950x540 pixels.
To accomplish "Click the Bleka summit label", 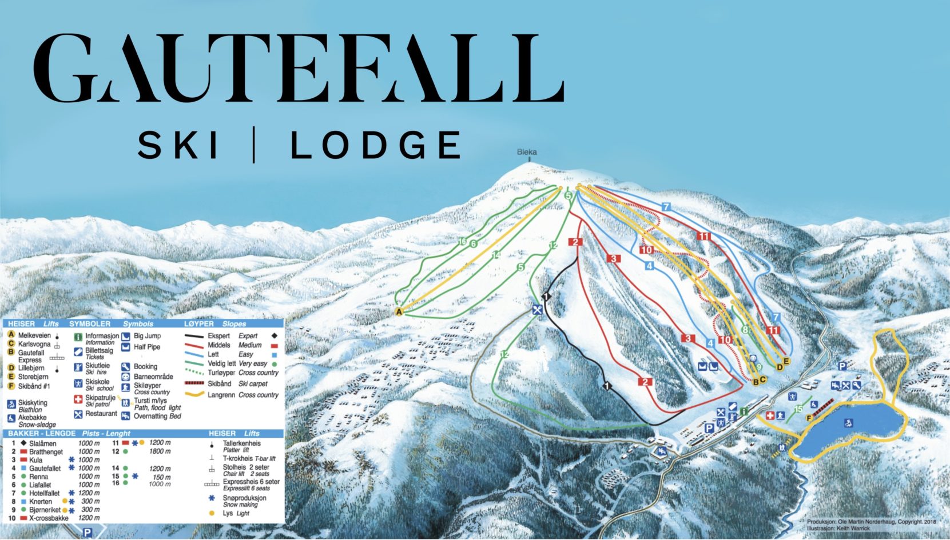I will (x=527, y=152).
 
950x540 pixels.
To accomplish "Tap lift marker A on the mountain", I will (x=399, y=311).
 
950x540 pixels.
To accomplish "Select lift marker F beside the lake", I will (x=809, y=418).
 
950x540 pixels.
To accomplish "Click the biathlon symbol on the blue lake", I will (x=849, y=423).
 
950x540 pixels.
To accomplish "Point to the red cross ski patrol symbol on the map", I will (x=770, y=415).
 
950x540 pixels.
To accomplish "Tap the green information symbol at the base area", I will (x=744, y=411).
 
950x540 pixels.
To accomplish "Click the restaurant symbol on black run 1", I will (x=537, y=310).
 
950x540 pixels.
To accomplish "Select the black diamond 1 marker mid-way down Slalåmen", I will (x=607, y=386).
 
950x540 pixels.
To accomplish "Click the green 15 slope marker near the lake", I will (x=798, y=409).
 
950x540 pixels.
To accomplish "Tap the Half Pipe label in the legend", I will (x=147, y=347).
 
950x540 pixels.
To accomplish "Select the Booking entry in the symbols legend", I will (x=145, y=366).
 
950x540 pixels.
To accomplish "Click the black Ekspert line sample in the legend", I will (x=194, y=336).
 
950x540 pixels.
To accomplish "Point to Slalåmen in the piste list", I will (x=43, y=443).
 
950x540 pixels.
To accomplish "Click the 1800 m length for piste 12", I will (x=160, y=451).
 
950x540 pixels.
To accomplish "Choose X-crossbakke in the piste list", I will (x=49, y=518).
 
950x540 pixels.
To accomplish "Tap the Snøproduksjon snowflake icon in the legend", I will (x=212, y=498).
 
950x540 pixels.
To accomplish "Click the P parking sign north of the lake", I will (x=842, y=366).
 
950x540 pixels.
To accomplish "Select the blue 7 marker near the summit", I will (x=666, y=206).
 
